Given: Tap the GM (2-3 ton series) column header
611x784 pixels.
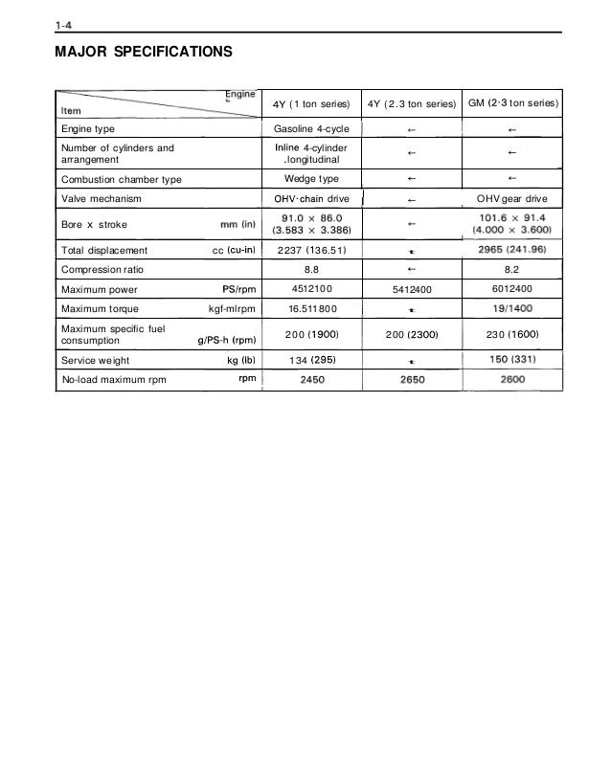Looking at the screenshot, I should pyautogui.click(x=513, y=102).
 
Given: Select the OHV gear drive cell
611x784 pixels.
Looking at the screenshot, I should pyautogui.click(x=511, y=199).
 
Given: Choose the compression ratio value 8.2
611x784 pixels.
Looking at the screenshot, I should pyautogui.click(x=511, y=271).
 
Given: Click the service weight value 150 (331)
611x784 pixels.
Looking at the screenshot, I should pyautogui.click(x=511, y=359).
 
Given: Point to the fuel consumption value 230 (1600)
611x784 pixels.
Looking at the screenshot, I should pyautogui.click(x=511, y=334).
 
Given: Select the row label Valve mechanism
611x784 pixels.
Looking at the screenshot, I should pyautogui.click(x=101, y=199).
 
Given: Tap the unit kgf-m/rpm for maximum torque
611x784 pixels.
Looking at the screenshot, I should pyautogui.click(x=229, y=310).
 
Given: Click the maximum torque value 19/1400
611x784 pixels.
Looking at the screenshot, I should pyautogui.click(x=511, y=310).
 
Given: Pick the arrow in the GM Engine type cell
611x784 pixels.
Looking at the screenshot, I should pyautogui.click(x=512, y=129).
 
